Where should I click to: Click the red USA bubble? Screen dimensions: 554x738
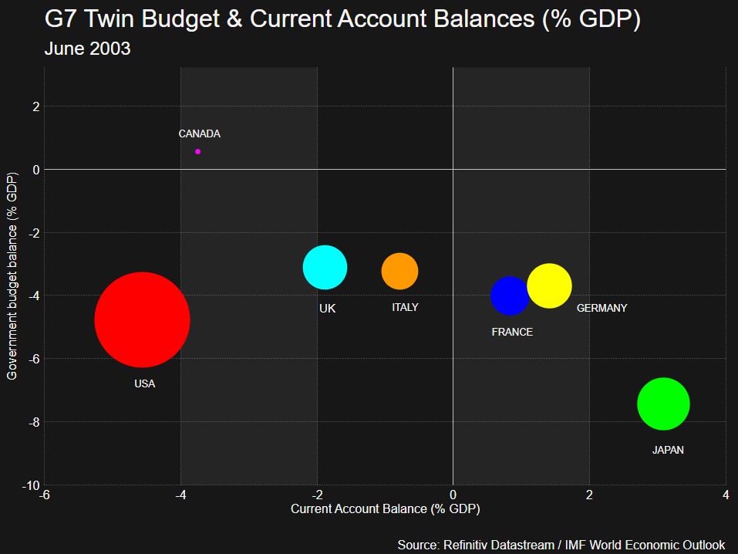[x=142, y=319]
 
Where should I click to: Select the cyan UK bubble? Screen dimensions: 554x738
[x=325, y=268]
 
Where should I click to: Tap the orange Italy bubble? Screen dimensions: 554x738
[x=399, y=272]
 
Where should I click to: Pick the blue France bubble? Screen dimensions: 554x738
[x=510, y=296]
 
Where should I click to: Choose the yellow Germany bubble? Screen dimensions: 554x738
[x=549, y=285]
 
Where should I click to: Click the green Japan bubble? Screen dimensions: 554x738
[x=663, y=404]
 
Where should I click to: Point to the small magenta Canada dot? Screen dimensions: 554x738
[x=198, y=152]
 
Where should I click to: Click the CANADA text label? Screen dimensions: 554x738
[x=199, y=133]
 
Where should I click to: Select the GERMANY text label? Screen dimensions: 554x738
[x=602, y=308]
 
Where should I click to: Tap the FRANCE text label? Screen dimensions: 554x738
[x=512, y=332]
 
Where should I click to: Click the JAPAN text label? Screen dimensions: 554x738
[x=668, y=450]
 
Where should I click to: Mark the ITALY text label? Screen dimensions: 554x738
[x=405, y=307]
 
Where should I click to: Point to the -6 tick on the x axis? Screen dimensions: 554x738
[x=45, y=495]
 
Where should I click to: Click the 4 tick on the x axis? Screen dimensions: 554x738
[x=726, y=495]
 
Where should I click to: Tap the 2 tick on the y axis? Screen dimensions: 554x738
[x=35, y=106]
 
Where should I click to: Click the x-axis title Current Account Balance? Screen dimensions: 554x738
[x=385, y=509]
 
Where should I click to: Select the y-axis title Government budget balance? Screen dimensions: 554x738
[x=12, y=276]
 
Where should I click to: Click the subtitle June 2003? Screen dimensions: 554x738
[x=87, y=49]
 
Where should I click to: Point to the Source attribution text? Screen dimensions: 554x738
[x=561, y=545]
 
